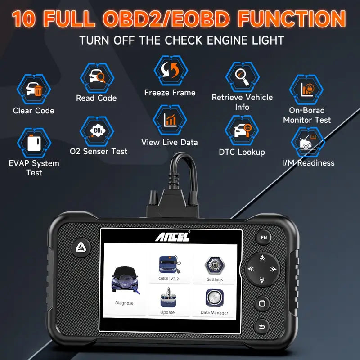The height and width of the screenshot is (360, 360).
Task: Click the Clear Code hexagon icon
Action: click(34, 89)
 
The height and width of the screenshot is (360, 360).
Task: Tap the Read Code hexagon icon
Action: click(96, 77)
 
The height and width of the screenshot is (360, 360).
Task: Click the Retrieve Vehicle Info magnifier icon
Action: click(242, 76)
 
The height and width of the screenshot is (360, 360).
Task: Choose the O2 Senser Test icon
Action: click(97, 130)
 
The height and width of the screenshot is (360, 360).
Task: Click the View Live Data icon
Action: click(170, 120)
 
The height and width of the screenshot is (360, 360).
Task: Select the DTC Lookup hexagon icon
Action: click(242, 131)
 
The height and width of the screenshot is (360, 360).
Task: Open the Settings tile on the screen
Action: click(215, 268)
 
